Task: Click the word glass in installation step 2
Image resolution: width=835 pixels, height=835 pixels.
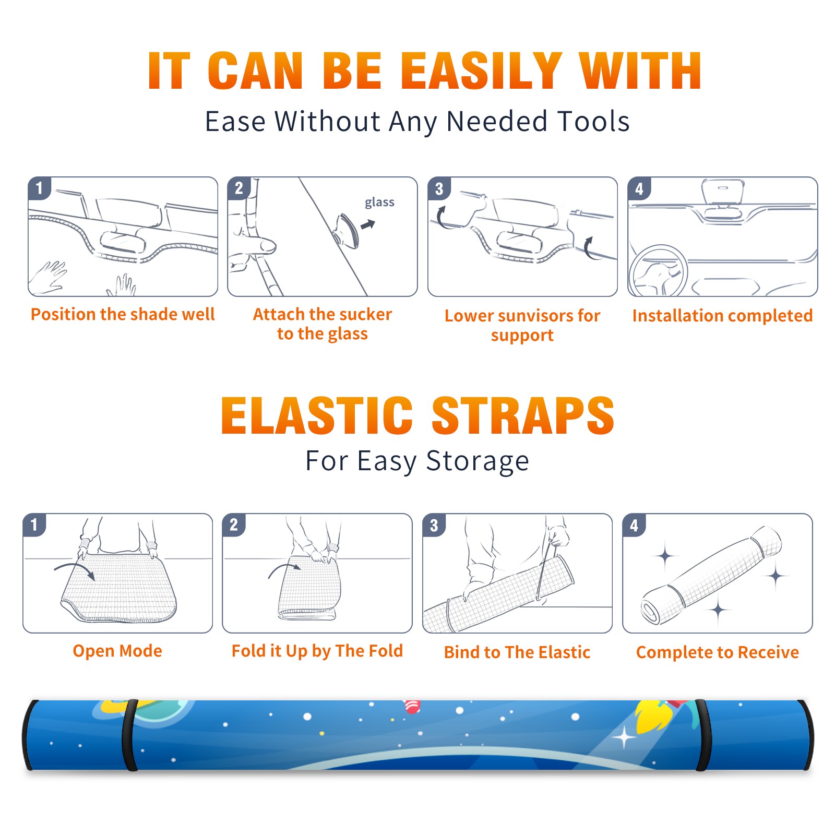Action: coord(379,202)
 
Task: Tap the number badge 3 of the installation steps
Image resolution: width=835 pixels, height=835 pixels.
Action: coord(439,188)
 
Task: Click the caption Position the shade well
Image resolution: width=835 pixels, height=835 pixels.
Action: coord(123,314)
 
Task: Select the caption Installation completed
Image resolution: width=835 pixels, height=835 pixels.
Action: coord(722,315)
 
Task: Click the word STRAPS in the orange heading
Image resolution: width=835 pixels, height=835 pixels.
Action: coord(523,415)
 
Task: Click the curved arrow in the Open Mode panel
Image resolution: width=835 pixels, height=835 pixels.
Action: coord(75,570)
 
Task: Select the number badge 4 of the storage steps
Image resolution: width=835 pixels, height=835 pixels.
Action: coord(634,525)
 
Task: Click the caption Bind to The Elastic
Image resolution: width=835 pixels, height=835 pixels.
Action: coord(517,652)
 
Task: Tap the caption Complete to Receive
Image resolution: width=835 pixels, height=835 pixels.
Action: coord(717,652)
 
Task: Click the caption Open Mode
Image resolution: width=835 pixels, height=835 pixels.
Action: coord(117,651)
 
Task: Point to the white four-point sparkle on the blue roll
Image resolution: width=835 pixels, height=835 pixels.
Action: coord(624,738)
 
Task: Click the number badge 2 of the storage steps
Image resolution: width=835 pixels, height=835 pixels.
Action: coord(234,525)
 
